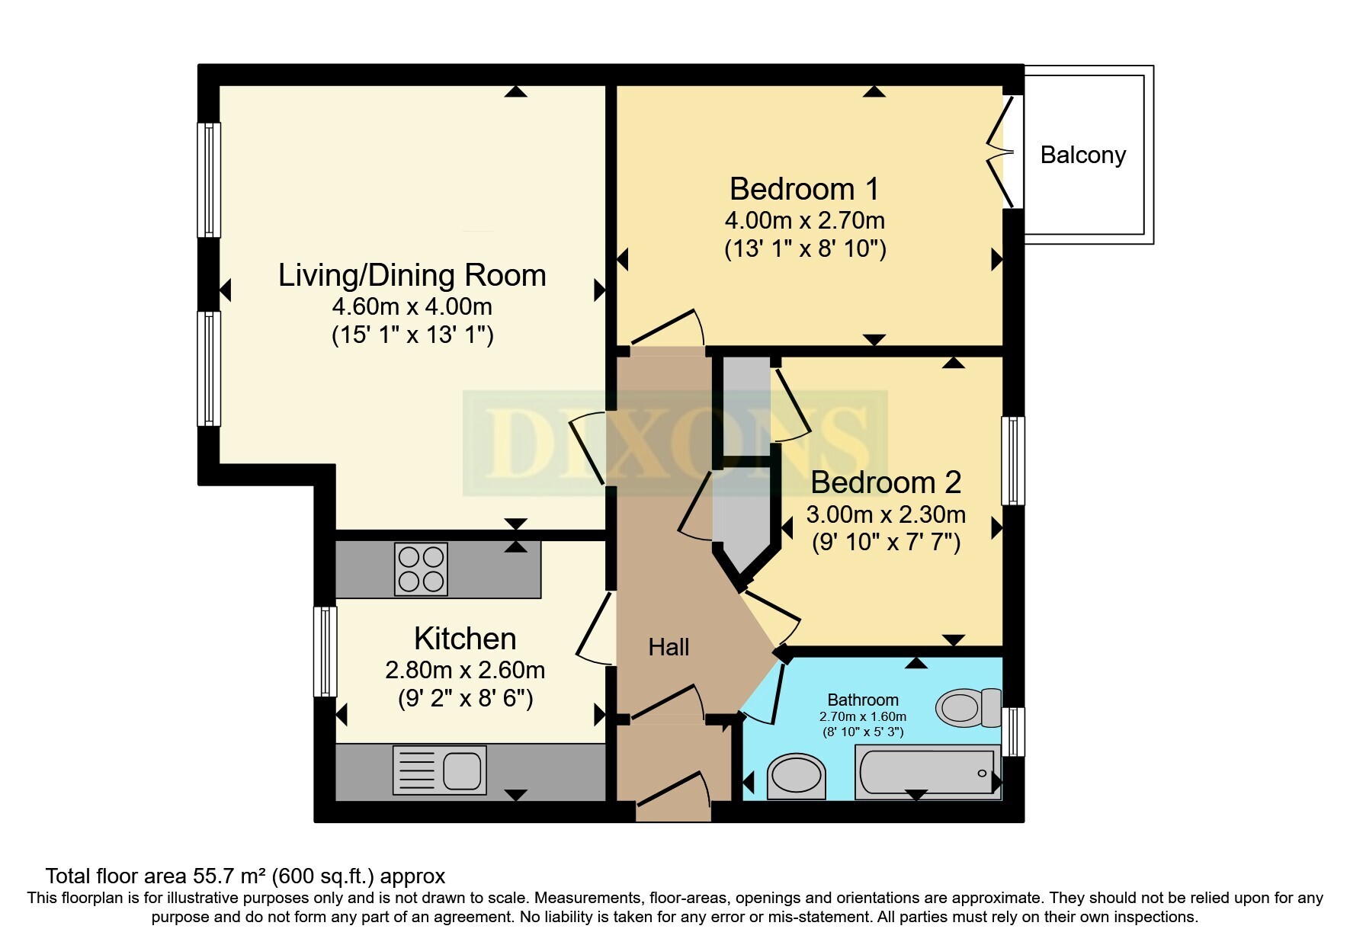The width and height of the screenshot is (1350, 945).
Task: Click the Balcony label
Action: tap(1082, 155)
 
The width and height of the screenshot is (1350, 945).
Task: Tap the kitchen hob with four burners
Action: tap(421, 569)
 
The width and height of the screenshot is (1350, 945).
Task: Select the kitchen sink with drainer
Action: tap(440, 770)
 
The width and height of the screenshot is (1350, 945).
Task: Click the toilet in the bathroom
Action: tap(969, 708)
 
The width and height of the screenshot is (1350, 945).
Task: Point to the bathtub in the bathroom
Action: tap(927, 772)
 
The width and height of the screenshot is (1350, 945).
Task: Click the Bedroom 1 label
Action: tap(804, 189)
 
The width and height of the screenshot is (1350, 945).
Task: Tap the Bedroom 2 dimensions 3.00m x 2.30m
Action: tap(886, 514)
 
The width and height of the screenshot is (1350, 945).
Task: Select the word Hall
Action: tap(669, 647)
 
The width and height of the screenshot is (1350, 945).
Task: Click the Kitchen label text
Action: tap(465, 639)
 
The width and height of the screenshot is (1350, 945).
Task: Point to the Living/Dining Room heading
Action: tap(412, 275)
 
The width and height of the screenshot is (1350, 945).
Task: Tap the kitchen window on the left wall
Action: tap(325, 651)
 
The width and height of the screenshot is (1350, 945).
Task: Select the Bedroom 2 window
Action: tap(1013, 460)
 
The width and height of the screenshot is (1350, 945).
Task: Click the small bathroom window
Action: tap(1013, 732)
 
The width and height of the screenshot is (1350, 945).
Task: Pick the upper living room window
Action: tap(209, 180)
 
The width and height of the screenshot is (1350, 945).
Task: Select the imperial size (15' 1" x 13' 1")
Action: tap(412, 335)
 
